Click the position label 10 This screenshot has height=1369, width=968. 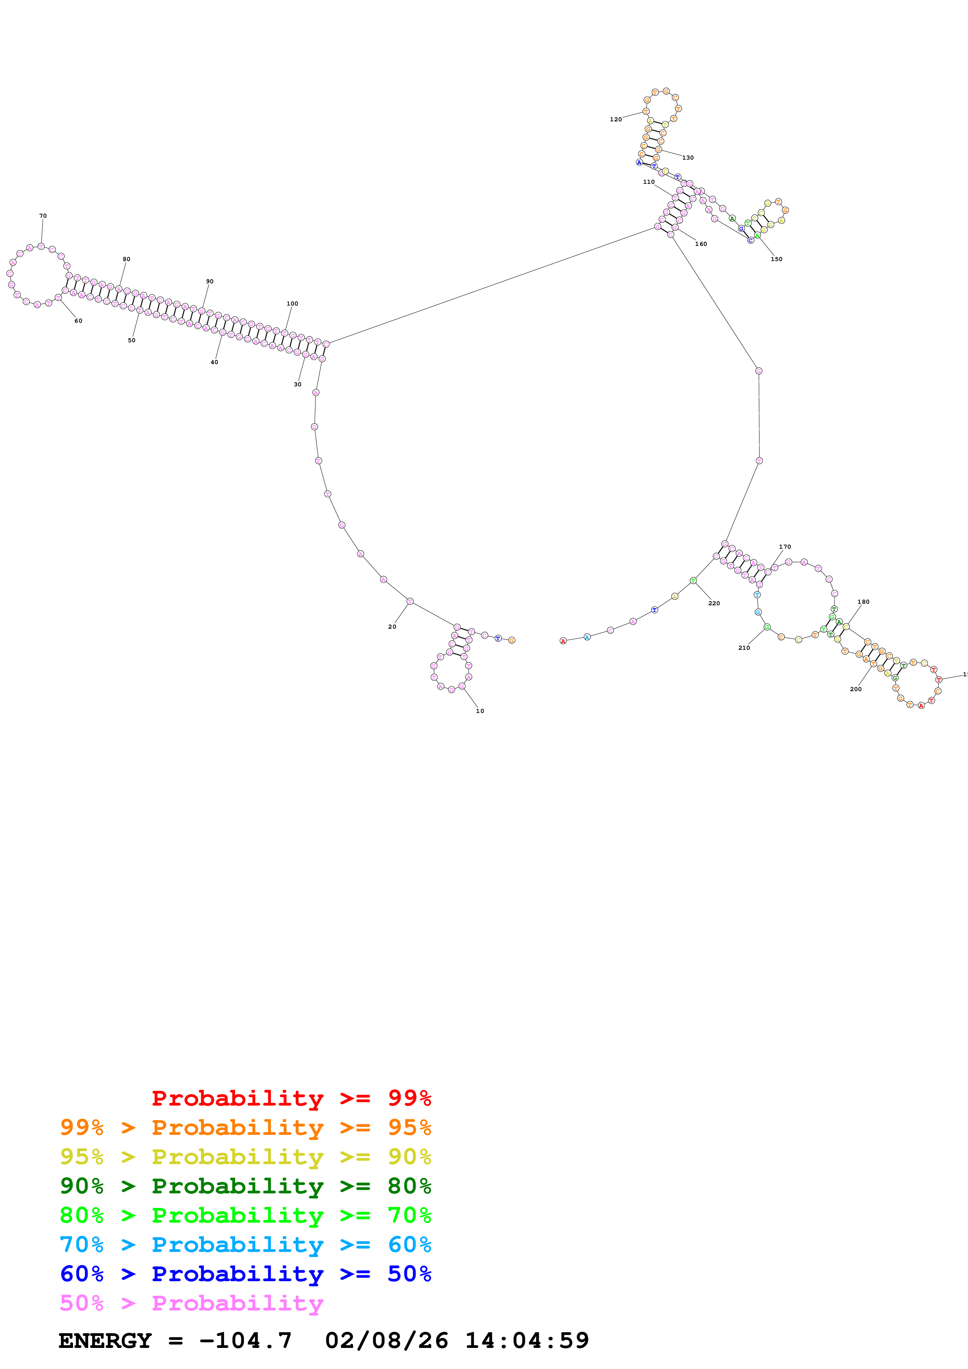click(x=480, y=711)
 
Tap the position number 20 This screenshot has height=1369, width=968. click(x=392, y=627)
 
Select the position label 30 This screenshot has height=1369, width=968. click(x=297, y=384)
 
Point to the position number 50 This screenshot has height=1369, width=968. click(x=131, y=340)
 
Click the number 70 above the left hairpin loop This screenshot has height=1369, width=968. click(x=43, y=216)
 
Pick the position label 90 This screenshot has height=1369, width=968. click(x=209, y=281)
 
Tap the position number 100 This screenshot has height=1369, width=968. click(x=292, y=304)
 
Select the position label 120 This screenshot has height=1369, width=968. click(x=615, y=120)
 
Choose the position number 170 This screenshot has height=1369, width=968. click(x=784, y=547)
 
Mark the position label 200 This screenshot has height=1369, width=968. click(x=855, y=689)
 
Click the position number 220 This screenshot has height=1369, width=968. click(x=714, y=603)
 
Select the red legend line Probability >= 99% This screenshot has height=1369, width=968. click(x=291, y=1098)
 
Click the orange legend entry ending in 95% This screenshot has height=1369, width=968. click(x=245, y=1127)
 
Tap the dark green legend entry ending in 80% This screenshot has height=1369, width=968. click(x=245, y=1186)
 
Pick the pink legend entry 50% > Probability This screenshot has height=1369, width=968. click(x=191, y=1303)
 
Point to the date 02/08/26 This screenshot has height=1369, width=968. click(x=386, y=1341)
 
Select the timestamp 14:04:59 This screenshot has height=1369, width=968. click(x=527, y=1341)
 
